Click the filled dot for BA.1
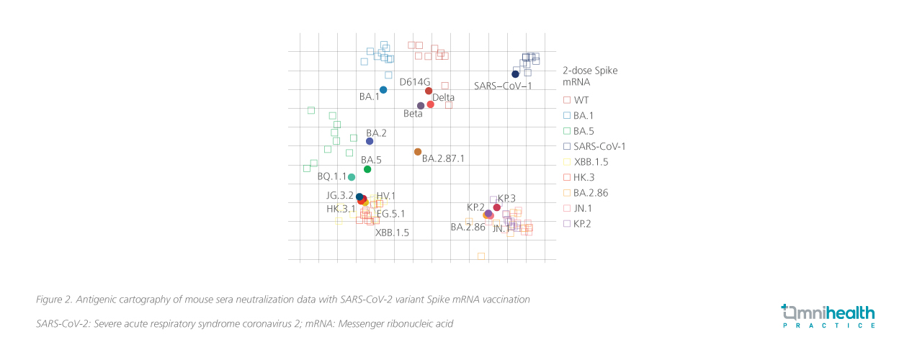pyautogui.click(x=383, y=90)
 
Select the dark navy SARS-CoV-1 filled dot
pyautogui.click(x=515, y=74)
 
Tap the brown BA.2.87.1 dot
pyautogui.click(x=418, y=152)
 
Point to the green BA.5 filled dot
pyautogui.click(x=367, y=169)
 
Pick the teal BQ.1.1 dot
pyautogui.click(x=352, y=177)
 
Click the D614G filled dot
pyautogui.click(x=429, y=91)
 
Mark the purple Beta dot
pyautogui.click(x=421, y=106)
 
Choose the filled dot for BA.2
pyautogui.click(x=370, y=141)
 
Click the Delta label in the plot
pyautogui.click(x=443, y=97)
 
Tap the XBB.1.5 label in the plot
pyautogui.click(x=392, y=233)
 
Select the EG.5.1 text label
pyautogui.click(x=390, y=214)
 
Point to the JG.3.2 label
pyautogui.click(x=340, y=195)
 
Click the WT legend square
pyautogui.click(x=567, y=100)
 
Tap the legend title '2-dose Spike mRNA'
pyautogui.click(x=589, y=76)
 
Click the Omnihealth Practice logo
pyautogui.click(x=828, y=316)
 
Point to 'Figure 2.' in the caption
pyautogui.click(x=54, y=299)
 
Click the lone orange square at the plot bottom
pyautogui.click(x=481, y=256)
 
